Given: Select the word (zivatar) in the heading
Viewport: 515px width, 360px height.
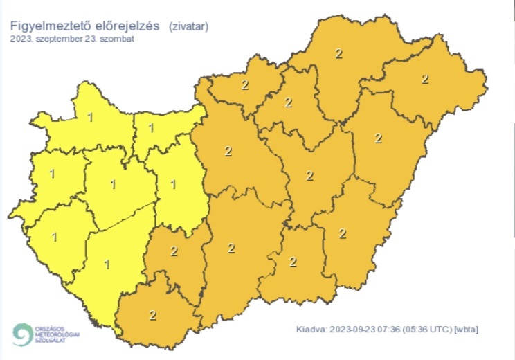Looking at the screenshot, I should pos(188,27).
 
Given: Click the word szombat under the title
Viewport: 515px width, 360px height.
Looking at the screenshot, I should pos(117,39).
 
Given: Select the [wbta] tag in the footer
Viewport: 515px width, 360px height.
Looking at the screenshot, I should pos(466,328).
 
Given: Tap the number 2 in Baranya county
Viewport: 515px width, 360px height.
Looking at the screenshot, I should pos(153,315).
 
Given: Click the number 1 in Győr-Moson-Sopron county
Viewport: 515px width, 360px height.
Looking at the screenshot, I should pos(91,117).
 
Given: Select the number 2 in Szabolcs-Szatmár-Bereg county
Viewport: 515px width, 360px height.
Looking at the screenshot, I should pos(425,79).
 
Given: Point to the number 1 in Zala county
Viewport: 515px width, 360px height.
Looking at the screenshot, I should pos(55,236).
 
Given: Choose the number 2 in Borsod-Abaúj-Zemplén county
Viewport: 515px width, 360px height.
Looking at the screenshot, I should pos(338,53).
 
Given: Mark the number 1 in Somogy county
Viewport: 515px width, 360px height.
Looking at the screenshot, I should pos(107,264).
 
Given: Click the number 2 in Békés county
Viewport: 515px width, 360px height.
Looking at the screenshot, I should pos(343,233).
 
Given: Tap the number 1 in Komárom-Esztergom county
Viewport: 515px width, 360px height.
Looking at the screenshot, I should pos(152,127).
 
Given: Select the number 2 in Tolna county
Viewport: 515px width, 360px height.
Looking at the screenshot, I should pos(174,250).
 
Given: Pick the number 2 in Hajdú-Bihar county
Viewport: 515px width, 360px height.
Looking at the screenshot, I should pos(378,138).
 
